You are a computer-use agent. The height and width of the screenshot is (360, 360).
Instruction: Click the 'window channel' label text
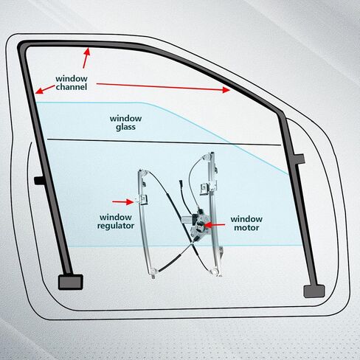pos(72,83)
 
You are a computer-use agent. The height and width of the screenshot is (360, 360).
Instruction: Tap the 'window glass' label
pos(125,122)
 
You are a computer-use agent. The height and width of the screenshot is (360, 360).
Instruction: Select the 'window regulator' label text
pos(116,221)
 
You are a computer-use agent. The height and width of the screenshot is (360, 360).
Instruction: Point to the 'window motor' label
pos(246,224)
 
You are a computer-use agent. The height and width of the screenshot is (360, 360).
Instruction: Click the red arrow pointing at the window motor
pos(214,224)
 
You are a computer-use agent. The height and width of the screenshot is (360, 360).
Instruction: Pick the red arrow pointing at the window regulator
pos(123,202)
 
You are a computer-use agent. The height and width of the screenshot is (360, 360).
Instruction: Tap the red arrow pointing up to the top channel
pos(86,58)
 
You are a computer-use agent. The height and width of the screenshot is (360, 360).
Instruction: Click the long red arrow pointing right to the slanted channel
pos(163,87)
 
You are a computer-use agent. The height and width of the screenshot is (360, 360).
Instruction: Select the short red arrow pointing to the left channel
pos(45,89)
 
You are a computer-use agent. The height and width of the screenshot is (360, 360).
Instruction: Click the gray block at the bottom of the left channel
pos(71,282)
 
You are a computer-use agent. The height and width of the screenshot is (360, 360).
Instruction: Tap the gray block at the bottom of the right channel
pos(314,291)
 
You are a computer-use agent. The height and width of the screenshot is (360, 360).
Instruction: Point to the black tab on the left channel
pos(39,180)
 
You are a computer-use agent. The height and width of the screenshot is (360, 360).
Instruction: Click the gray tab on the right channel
pos(300,159)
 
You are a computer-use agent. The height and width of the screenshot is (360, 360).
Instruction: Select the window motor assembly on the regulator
pos(198,223)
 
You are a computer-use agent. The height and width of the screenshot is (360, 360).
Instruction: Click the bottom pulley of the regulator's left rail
pos(153,271)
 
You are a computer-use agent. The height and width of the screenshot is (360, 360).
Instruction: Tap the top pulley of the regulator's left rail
pos(142,173)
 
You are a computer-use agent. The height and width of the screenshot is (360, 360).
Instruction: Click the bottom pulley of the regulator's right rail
pos(215,271)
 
